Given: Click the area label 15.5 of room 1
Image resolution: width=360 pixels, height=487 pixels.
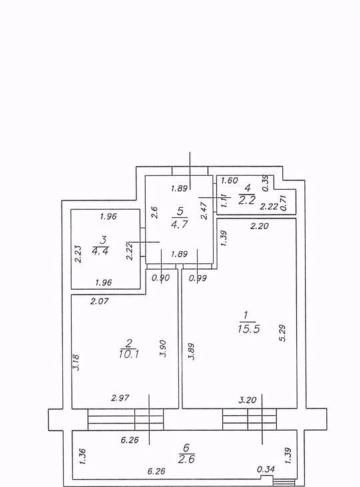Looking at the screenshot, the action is pyautogui.click(x=249, y=329).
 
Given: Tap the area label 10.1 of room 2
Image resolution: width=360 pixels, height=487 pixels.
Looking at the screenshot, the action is pyautogui.click(x=129, y=354).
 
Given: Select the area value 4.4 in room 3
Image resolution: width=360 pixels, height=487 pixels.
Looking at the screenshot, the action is pyautogui.click(x=100, y=250).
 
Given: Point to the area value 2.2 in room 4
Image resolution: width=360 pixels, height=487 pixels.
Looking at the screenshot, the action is pyautogui.click(x=247, y=200).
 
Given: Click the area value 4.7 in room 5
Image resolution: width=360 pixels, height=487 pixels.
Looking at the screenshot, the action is pyautogui.click(x=180, y=223).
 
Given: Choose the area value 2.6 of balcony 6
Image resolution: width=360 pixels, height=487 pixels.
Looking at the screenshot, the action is pyautogui.click(x=187, y=459).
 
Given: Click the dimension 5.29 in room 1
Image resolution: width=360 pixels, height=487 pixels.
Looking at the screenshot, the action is pyautogui.click(x=283, y=333).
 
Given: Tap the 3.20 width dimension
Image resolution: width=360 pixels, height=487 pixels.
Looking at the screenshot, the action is pyautogui.click(x=247, y=400).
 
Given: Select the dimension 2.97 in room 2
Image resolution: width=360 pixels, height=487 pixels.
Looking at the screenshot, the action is pyautogui.click(x=120, y=398).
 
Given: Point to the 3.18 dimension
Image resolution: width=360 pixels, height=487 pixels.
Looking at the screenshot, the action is pyautogui.click(x=76, y=362).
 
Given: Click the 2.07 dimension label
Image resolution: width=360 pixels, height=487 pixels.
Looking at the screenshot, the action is pyautogui.click(x=99, y=301).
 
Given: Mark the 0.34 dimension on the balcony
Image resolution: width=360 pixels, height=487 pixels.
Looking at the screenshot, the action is pyautogui.click(x=266, y=469).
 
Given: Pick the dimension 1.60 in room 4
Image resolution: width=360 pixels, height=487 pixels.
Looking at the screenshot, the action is pyautogui.click(x=229, y=180).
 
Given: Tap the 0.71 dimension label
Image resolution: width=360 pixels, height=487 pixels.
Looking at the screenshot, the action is pyautogui.click(x=283, y=203).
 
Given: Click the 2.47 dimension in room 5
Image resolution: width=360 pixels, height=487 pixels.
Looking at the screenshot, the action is pyautogui.click(x=204, y=211).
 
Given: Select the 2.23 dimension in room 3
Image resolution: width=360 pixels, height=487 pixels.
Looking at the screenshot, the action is pyautogui.click(x=79, y=254).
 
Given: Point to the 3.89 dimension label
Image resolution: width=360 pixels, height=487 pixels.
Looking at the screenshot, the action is pyautogui.click(x=191, y=352).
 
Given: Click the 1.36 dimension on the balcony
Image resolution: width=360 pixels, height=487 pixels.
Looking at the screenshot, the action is pyautogui.click(x=83, y=456).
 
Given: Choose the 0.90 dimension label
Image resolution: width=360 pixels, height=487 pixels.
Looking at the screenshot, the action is pyautogui.click(x=161, y=278).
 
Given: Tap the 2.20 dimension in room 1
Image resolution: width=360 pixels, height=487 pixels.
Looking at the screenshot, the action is pyautogui.click(x=259, y=225).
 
